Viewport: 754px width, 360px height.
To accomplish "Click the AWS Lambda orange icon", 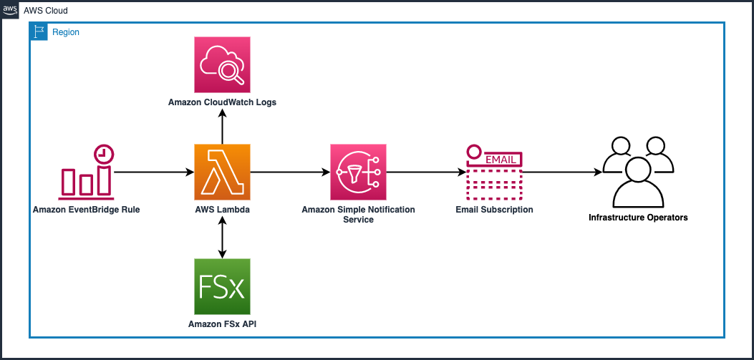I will (x=222, y=172).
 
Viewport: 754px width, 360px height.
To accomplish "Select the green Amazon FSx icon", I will (x=222, y=286).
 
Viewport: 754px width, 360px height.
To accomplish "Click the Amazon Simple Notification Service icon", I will (x=358, y=172).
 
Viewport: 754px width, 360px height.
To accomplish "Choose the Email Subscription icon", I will (x=494, y=172).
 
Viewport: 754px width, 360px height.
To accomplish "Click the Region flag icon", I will (x=39, y=32).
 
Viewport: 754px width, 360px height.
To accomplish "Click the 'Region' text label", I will (x=66, y=32).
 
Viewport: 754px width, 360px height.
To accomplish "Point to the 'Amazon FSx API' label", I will (x=222, y=324).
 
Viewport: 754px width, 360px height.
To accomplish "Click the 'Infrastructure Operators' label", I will (x=638, y=218).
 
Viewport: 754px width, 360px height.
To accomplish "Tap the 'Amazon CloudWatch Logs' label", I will (x=222, y=102).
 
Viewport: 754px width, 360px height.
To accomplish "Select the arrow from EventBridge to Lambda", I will (x=154, y=172).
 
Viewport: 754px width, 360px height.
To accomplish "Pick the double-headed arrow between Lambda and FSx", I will (x=222, y=236).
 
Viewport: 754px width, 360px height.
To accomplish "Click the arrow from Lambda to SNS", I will (x=290, y=172).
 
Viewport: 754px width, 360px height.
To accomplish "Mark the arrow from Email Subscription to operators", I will (x=562, y=172).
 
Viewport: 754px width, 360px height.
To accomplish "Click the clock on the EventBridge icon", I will (x=105, y=152).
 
